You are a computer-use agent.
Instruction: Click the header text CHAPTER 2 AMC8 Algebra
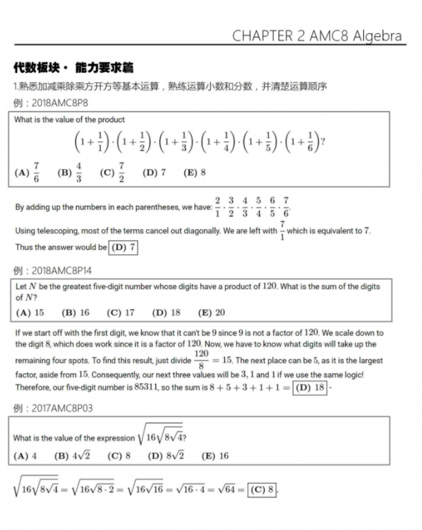pyautogui.click(x=318, y=35)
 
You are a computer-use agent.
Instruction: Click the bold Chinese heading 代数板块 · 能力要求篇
pyautogui.click(x=73, y=68)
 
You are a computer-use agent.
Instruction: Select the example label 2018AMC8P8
pyautogui.click(x=58, y=103)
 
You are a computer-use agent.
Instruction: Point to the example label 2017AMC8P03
pyautogui.click(x=61, y=408)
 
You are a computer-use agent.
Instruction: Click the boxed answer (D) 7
pyautogui.click(x=123, y=247)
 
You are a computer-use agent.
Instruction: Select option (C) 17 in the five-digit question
pyautogui.click(x=121, y=312)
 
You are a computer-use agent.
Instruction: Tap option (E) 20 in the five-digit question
pyautogui.click(x=211, y=312)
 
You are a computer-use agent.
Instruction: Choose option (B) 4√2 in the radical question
pyautogui.click(x=71, y=456)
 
